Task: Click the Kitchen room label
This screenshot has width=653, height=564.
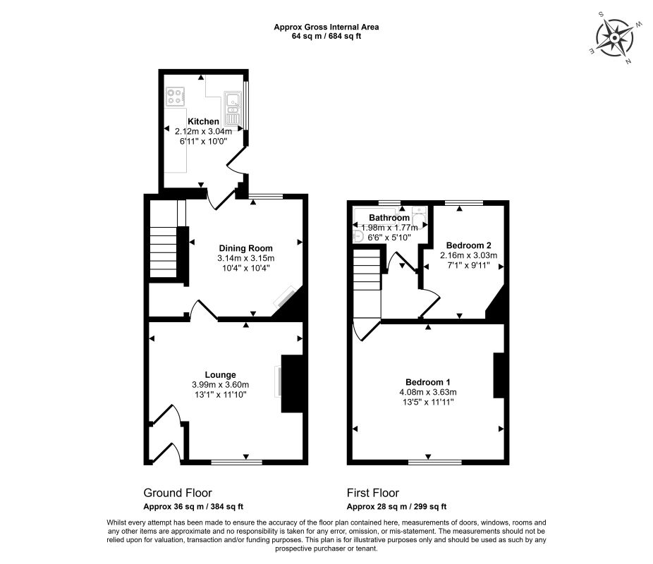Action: coord(203,121)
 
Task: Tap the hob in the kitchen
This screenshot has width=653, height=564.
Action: coord(176,96)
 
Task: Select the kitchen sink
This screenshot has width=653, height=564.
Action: coord(233,109)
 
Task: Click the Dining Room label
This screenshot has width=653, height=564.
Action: coord(245,248)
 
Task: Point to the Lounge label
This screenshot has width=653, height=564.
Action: coord(220,375)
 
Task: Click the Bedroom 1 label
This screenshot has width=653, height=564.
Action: coord(428,382)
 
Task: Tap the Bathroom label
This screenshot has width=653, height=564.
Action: coord(389,218)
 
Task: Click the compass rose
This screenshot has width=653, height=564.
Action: coord(615,38)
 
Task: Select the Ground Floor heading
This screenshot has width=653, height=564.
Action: coord(178,493)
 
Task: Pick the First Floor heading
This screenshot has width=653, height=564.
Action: coord(373,493)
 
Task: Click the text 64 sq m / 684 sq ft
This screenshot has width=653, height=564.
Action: coord(326,36)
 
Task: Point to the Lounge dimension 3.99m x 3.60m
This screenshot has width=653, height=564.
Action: coord(220,385)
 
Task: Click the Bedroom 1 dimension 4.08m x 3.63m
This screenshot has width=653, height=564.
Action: coord(428,392)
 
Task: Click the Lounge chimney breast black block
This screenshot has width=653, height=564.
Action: coord(293,384)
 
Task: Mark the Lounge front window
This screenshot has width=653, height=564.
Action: coord(236,462)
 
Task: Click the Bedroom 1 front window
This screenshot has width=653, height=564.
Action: coord(435,462)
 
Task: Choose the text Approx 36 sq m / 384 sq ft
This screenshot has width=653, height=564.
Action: coord(193,507)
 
